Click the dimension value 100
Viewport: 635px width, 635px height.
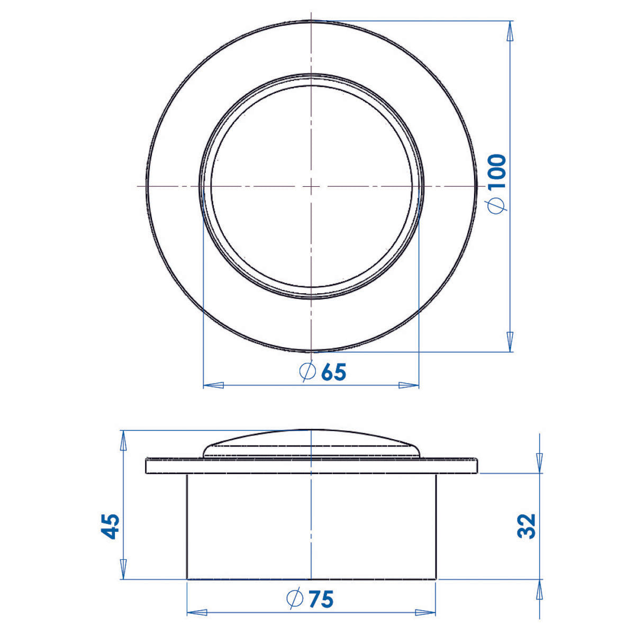[x=497, y=171]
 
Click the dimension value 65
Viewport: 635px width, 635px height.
[x=333, y=372]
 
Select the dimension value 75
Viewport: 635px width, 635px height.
[x=321, y=600]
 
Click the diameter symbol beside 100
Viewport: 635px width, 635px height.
[x=497, y=205]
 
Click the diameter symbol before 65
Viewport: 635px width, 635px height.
[x=307, y=371]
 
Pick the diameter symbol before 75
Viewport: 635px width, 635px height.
[x=295, y=599]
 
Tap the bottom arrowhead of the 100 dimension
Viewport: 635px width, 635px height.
[x=510, y=341]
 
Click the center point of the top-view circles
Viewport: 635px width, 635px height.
[x=311, y=186]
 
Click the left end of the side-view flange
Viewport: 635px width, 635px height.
[x=147, y=466]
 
